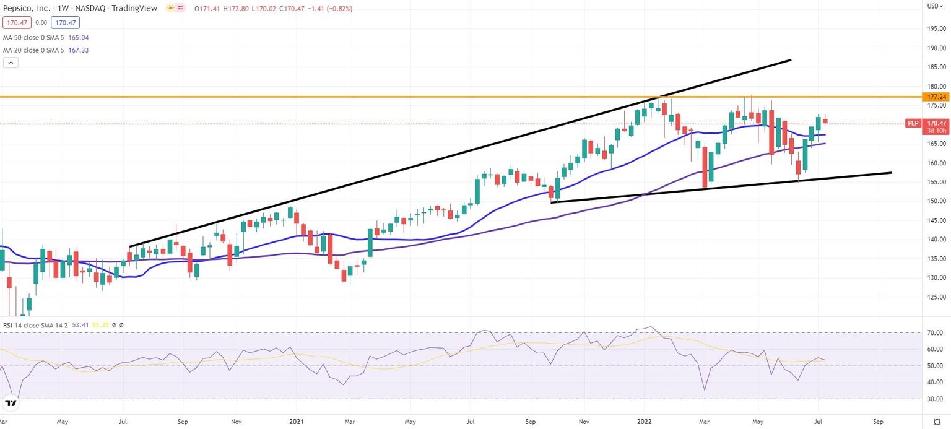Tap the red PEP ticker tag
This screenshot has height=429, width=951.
tap(913, 123)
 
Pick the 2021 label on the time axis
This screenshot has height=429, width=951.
tap(295, 420)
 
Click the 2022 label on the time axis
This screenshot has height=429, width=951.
tap(644, 420)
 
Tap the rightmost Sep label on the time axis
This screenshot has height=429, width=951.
tap(878, 420)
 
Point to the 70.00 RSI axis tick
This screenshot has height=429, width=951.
tap(936, 333)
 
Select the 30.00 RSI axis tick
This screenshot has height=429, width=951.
tap(936, 399)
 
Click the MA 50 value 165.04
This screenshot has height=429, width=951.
tap(77, 37)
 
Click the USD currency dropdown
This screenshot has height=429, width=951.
tap(934, 6)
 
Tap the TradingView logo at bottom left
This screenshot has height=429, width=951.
tap(11, 404)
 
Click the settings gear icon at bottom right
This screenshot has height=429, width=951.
tap(937, 421)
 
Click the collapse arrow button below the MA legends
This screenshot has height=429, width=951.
tap(11, 63)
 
